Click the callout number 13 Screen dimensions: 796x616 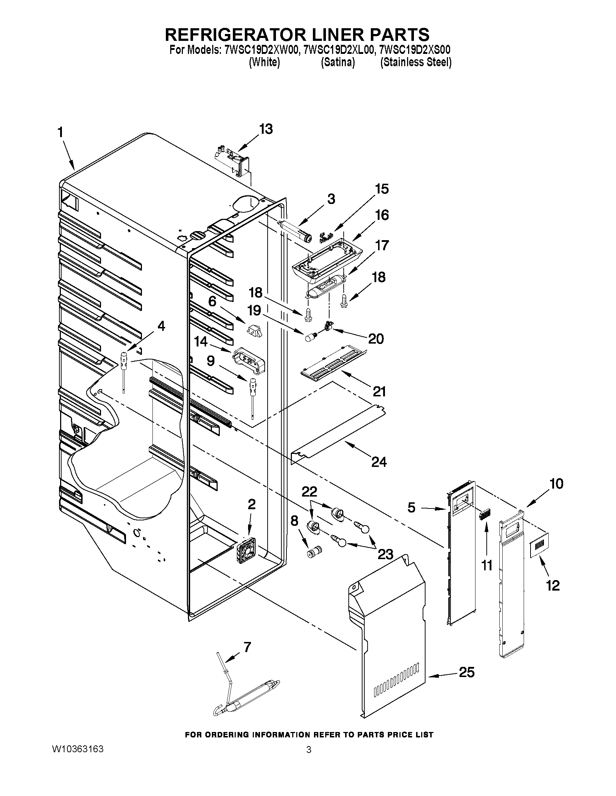(x=266, y=129)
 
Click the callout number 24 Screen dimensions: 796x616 (x=378, y=462)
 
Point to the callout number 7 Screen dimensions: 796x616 (x=247, y=647)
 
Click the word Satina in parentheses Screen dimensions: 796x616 (x=338, y=63)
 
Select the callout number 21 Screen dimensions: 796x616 (x=379, y=391)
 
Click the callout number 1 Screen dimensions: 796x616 (x=60, y=132)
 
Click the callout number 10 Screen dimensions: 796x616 (x=556, y=484)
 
